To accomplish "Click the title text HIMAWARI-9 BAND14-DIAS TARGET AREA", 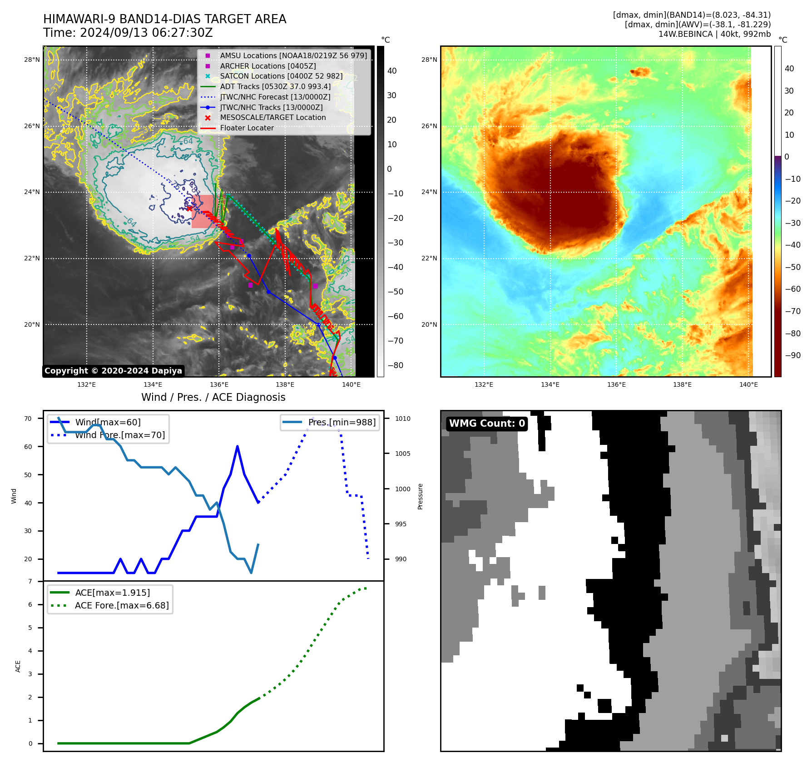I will tap(164, 19).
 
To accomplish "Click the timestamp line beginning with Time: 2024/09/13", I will tap(128, 33).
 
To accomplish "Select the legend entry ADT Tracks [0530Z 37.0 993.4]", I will tap(275, 86).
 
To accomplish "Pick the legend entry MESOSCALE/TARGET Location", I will tap(272, 117).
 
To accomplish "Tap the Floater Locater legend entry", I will tap(247, 128).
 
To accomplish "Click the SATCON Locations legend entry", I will tap(281, 76).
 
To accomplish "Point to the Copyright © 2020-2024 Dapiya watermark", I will tap(113, 371).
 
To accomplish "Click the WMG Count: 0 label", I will tap(487, 424).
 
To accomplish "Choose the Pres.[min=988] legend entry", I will tap(342, 422).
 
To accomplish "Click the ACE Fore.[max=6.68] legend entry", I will tap(121, 605).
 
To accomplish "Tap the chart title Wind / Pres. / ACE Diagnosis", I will tap(213, 397).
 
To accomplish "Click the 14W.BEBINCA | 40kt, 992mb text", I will tap(714, 34).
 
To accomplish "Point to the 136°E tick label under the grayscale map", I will tap(219, 384).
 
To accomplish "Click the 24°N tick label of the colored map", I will tap(429, 192).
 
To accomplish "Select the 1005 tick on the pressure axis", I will tap(402, 454).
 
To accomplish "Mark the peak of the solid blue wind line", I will tap(238, 447).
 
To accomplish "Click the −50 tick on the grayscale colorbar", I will tap(395, 292).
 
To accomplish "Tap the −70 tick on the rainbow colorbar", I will tap(792, 311).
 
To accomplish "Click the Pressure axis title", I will tap(420, 496).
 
